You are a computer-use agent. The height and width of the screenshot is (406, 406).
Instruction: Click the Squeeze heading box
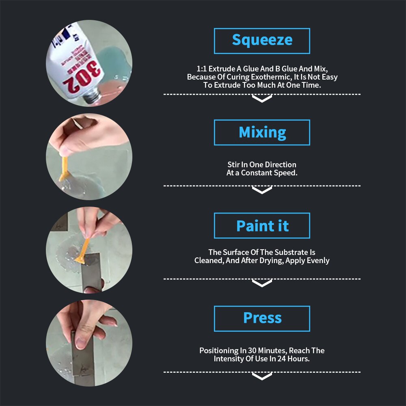[262, 41]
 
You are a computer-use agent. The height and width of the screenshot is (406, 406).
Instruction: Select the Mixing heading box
[262, 132]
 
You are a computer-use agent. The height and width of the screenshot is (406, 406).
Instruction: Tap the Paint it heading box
[262, 226]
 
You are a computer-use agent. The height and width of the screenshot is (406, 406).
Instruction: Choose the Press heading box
[262, 318]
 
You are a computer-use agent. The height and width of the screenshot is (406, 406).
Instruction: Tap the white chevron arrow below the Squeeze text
[262, 99]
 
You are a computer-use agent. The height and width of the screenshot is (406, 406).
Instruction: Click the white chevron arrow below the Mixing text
[262, 190]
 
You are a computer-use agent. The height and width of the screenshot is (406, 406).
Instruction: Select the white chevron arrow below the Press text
[262, 376]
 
